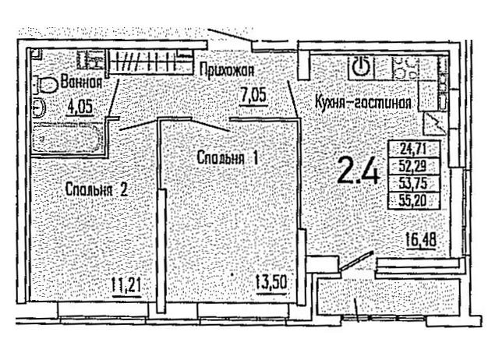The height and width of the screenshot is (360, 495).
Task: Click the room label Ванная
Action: point(81,83)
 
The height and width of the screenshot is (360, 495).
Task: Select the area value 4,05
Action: point(80,107)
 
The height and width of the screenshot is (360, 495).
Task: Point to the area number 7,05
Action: point(254,95)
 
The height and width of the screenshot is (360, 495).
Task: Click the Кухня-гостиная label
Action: point(363,103)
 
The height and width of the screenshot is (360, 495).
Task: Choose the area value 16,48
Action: point(422,240)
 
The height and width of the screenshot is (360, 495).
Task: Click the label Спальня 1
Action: point(228,157)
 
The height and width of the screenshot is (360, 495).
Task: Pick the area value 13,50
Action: point(271,284)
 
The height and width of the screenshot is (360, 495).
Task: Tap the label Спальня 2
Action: point(97,189)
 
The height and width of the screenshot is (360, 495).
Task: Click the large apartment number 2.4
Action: point(358,171)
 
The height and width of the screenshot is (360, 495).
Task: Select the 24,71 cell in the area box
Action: point(414,148)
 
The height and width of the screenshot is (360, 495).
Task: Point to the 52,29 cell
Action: point(414,165)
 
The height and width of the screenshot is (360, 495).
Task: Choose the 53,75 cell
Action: point(414,182)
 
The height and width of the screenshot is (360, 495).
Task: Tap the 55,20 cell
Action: point(414,200)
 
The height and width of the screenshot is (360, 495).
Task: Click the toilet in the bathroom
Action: point(47,85)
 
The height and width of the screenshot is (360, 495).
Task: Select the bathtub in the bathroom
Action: point(67,138)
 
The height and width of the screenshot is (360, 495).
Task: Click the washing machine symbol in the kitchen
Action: point(361,67)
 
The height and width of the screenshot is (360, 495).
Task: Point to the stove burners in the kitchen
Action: point(405,67)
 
